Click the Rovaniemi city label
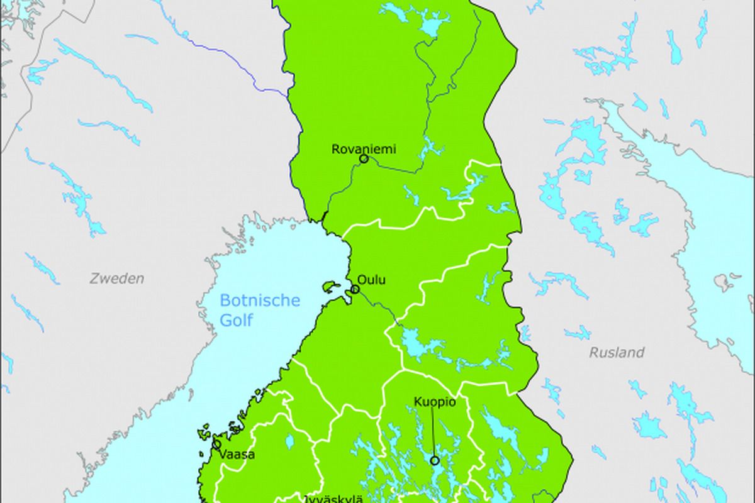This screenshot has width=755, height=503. click(x=364, y=150)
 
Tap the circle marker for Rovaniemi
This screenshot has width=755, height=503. click(x=364, y=159)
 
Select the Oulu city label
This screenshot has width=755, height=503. click(x=371, y=280)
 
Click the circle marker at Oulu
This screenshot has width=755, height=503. click(x=355, y=289)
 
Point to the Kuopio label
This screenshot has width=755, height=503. click(x=435, y=401)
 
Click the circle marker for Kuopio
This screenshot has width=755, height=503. click(x=435, y=460)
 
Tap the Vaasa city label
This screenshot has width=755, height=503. click(x=238, y=454)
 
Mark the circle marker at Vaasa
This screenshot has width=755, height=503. click(x=217, y=444)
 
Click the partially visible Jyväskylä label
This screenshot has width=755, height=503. click(x=333, y=499)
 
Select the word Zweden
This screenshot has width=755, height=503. click(x=117, y=278)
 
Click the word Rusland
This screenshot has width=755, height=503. click(x=617, y=352)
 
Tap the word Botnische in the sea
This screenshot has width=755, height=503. click(x=260, y=301)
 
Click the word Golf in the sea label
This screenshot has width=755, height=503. click(x=236, y=321)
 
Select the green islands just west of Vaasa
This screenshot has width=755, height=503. click(x=204, y=434)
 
